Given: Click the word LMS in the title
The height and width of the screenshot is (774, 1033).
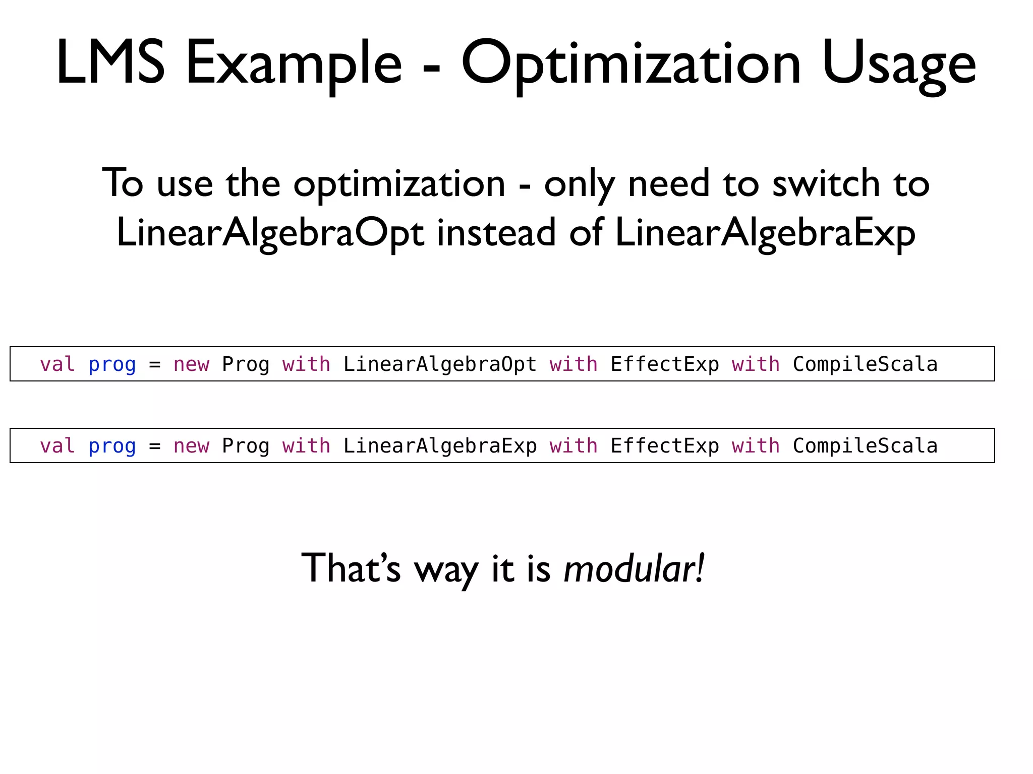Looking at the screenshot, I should (x=110, y=63).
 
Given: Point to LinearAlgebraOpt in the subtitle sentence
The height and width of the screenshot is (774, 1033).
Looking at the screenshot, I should (x=270, y=233).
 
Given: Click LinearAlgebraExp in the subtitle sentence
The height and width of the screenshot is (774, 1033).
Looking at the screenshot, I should (x=765, y=233).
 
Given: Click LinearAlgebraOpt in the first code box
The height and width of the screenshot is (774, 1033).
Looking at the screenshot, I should (x=440, y=364).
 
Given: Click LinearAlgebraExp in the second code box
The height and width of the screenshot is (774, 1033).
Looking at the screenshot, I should (x=440, y=446).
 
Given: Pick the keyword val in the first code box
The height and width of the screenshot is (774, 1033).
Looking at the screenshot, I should (x=58, y=364).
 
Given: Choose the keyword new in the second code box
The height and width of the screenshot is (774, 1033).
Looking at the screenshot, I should (x=191, y=446).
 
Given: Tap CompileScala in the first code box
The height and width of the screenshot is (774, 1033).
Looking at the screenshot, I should (x=865, y=364).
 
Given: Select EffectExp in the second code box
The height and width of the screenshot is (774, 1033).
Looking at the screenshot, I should (x=665, y=446).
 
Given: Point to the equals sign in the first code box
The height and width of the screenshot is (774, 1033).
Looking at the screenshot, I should (x=155, y=364).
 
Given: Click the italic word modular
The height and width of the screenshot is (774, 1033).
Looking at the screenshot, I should (x=634, y=568).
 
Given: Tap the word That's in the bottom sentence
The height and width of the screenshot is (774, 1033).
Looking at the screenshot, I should (x=351, y=568).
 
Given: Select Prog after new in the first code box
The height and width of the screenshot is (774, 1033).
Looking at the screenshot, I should (x=246, y=364).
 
